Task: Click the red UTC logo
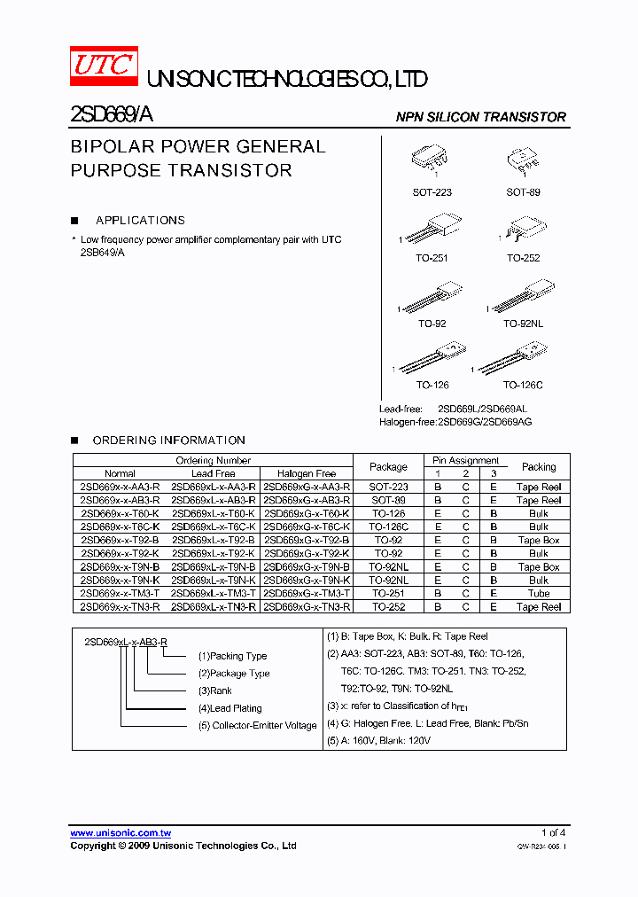104,66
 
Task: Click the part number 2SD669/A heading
111,115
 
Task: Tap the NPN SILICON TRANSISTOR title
480,117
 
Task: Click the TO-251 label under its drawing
433,258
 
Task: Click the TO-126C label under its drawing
523,386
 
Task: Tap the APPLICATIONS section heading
140,221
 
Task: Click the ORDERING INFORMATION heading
168,441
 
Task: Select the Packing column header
539,467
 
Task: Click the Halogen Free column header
307,474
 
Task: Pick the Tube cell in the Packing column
539,594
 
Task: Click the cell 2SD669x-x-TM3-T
120,594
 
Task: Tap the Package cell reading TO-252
388,607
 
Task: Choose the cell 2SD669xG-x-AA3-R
307,487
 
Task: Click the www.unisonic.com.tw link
121,833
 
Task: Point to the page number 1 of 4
552,833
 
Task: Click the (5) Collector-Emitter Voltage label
257,726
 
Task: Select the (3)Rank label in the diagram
215,690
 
